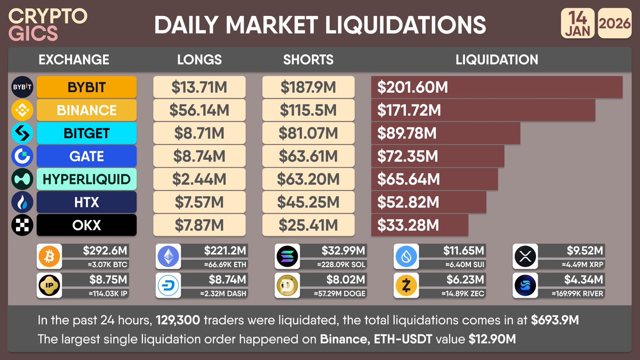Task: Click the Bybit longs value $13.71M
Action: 199,87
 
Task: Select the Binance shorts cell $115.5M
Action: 308,110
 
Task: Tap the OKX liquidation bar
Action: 419,225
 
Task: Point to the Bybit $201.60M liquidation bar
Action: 497,87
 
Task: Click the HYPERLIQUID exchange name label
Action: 86,179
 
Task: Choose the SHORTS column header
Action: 308,60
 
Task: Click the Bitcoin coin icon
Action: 49,258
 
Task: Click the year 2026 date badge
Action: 614,25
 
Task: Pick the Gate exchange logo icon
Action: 22,156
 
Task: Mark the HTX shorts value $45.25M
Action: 308,202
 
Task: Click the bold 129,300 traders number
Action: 178,321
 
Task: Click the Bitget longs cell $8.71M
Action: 199,133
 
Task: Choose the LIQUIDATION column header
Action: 497,60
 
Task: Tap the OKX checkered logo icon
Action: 22,225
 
